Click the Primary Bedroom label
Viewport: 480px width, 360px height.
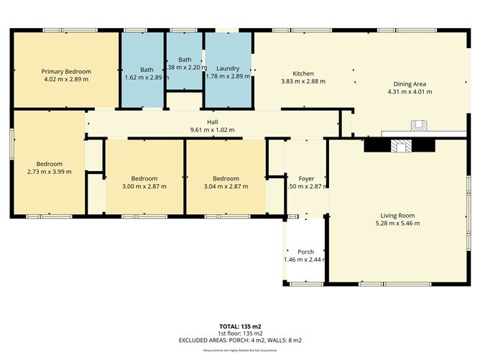point(66,71)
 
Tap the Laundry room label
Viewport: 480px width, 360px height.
point(228,68)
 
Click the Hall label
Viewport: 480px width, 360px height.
point(213,122)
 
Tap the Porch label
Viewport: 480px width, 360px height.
point(305,251)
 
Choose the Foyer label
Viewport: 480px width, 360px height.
point(307,177)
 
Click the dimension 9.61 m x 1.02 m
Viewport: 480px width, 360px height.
point(213,130)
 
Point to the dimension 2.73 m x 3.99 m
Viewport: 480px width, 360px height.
point(50,171)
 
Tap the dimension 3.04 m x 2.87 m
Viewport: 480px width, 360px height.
point(226,186)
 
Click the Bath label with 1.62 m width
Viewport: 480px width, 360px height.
point(147,70)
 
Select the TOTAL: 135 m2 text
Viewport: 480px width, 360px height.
point(240,326)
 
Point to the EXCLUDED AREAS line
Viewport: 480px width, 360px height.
point(240,339)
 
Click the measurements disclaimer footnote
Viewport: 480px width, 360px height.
point(240,350)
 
